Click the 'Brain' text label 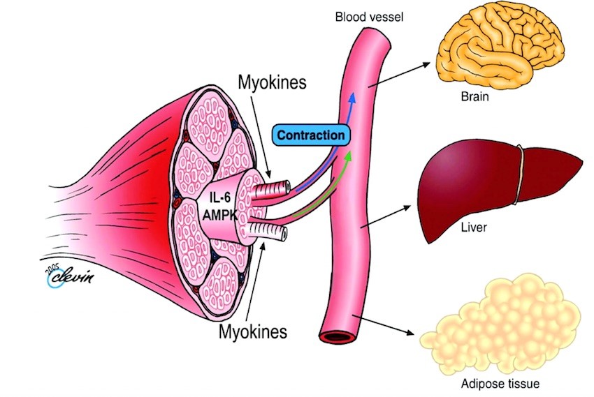tap(475, 97)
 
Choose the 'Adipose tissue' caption tap(500, 383)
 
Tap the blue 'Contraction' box tap(311, 135)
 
